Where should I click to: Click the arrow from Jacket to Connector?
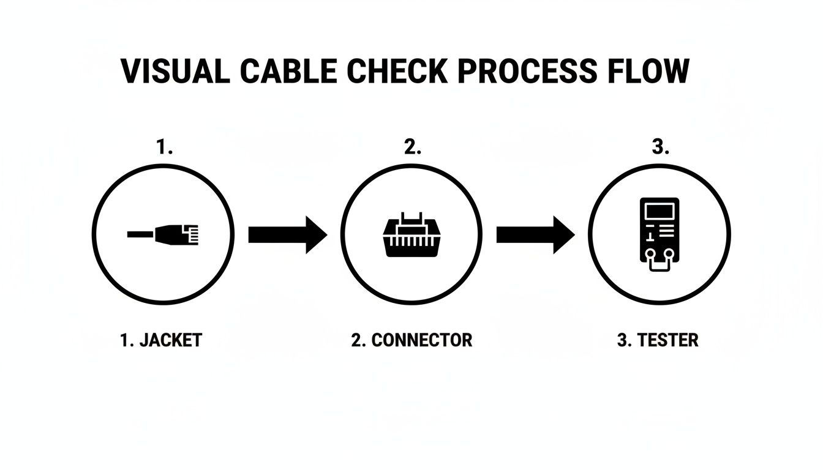(x=287, y=234)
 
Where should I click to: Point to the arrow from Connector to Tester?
(x=535, y=234)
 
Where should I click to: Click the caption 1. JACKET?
(x=161, y=340)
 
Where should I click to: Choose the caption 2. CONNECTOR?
(x=411, y=340)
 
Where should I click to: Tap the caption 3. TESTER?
(x=658, y=340)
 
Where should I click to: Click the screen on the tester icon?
(x=659, y=212)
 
